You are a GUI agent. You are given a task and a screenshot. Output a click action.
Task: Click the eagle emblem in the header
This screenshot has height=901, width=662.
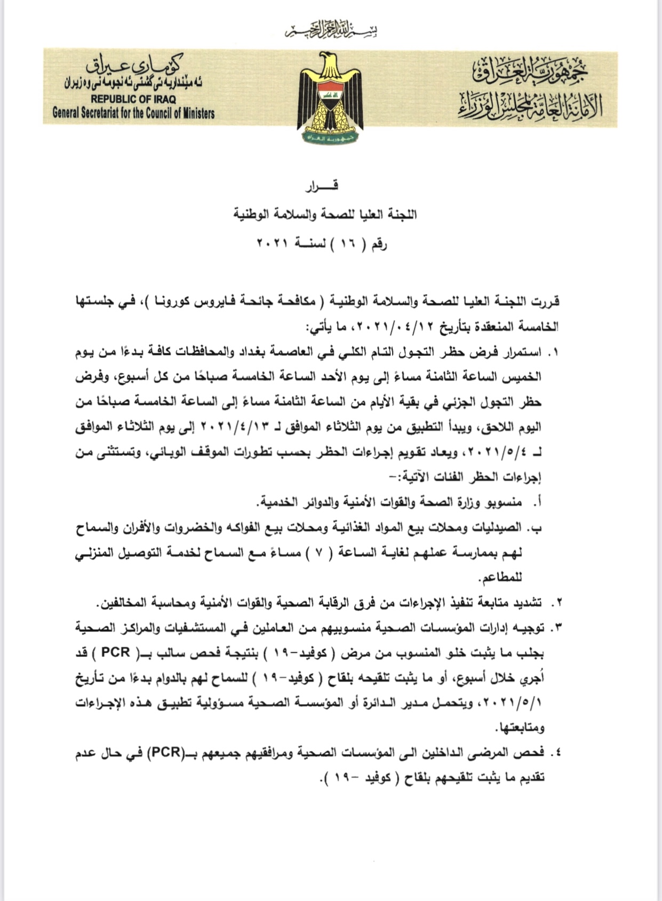tap(330, 98)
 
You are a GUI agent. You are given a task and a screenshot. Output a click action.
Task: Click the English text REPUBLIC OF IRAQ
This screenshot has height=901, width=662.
tap(133, 99)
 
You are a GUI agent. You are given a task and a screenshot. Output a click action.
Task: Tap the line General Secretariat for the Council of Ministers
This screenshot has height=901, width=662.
tap(133, 113)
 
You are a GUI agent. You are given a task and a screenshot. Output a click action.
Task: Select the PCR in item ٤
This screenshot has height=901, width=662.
tap(166, 753)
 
